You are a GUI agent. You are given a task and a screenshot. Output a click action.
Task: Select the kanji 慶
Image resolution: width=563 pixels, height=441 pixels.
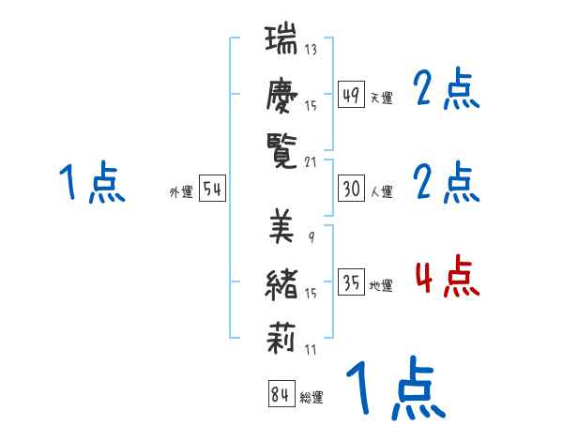(x=281, y=95)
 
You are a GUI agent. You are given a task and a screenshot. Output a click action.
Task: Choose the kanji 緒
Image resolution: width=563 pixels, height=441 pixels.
(x=281, y=282)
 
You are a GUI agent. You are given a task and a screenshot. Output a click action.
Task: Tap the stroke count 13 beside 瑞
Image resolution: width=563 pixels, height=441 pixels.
(x=311, y=50)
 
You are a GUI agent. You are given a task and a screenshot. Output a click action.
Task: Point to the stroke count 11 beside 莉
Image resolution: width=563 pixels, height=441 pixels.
(x=311, y=349)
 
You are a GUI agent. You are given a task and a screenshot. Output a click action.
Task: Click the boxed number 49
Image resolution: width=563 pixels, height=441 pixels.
(x=351, y=94)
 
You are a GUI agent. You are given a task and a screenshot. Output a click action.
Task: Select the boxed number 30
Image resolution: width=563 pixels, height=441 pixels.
(x=351, y=189)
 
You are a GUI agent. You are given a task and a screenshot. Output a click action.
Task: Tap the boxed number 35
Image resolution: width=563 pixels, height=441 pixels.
(x=351, y=282)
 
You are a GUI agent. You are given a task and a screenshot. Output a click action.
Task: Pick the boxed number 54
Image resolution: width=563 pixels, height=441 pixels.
(x=212, y=189)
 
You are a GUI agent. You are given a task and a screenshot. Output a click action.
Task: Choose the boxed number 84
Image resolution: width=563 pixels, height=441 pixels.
(x=280, y=395)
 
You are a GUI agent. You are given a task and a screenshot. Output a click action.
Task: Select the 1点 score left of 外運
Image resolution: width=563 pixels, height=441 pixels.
(x=91, y=183)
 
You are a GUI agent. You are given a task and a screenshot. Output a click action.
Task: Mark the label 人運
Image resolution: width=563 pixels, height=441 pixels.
(x=381, y=192)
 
